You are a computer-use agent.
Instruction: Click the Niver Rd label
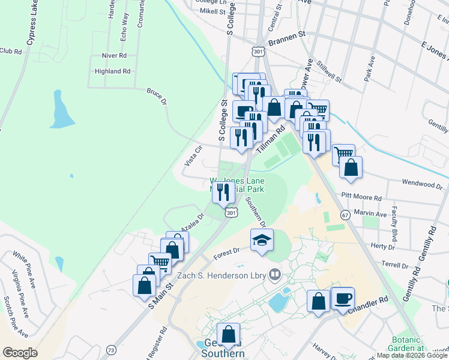pos(114,55)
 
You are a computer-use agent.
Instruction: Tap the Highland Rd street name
pos(112,71)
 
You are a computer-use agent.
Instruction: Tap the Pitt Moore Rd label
pos(361,197)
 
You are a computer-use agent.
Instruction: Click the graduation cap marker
pos(262,240)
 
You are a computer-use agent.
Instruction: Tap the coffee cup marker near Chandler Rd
pos(343,298)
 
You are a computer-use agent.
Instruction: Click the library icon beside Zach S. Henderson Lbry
pos(275,274)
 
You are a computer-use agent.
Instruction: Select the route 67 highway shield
pos(345,214)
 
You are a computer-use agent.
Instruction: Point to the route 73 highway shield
pos(110,350)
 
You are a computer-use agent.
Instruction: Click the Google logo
pos(20,353)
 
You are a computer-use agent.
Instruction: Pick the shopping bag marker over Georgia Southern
pos(229,334)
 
